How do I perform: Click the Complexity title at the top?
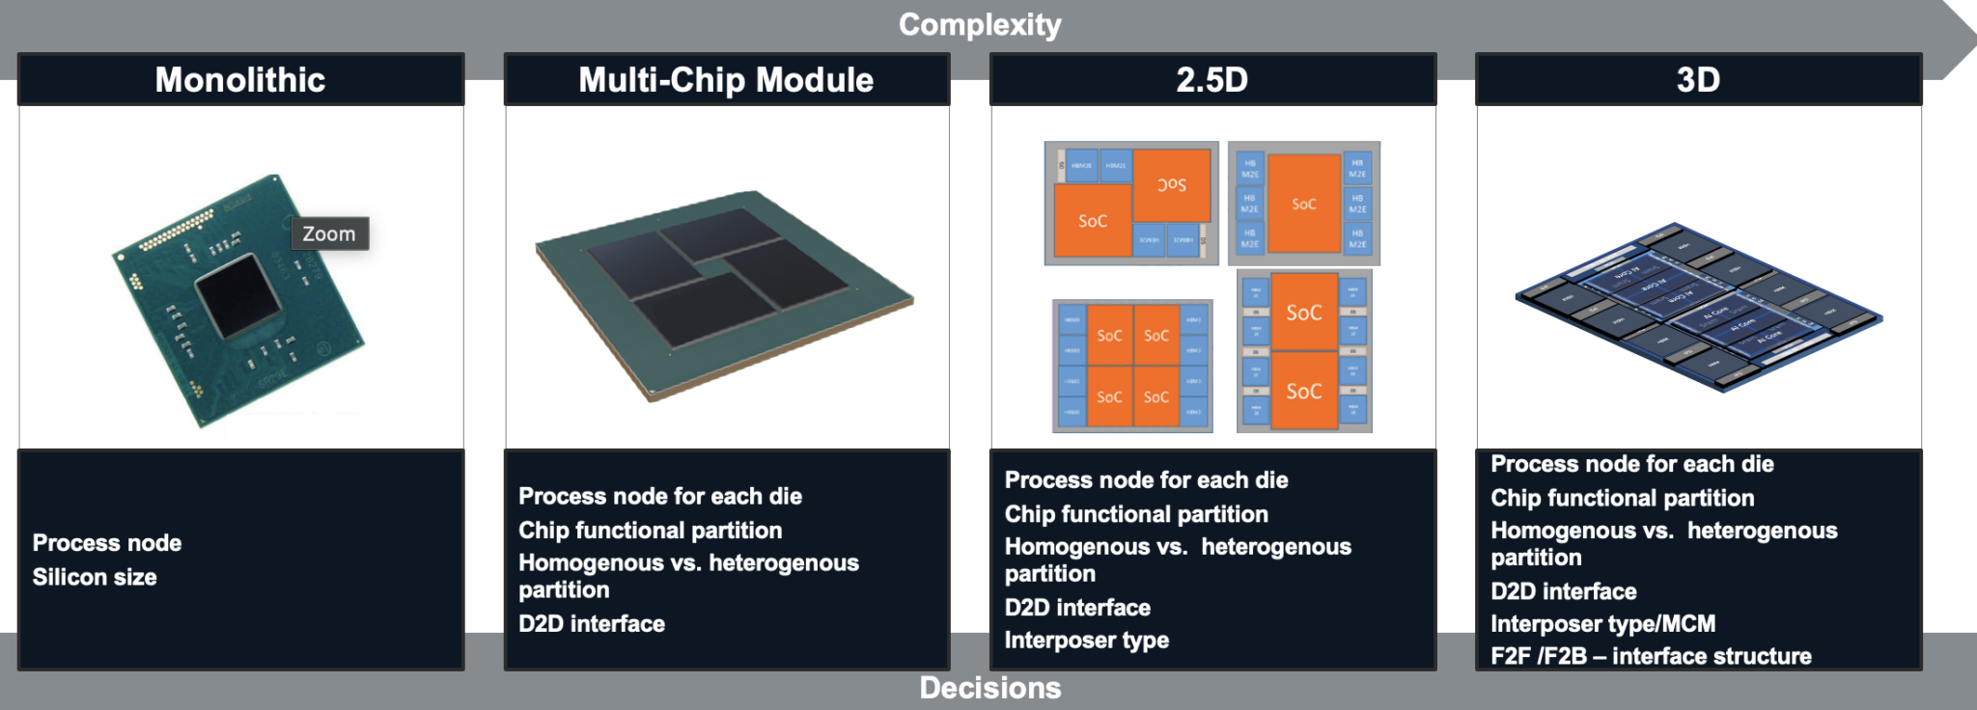tap(979, 24)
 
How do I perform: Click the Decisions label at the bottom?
tap(989, 688)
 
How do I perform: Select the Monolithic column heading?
tap(240, 79)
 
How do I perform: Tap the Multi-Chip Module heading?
tap(726, 79)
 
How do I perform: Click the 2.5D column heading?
tap(1211, 79)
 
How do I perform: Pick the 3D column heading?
tap(1698, 79)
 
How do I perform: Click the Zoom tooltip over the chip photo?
tap(329, 233)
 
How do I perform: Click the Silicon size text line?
tap(95, 577)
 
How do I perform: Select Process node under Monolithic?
tap(107, 543)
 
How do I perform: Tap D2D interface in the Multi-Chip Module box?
tap(592, 624)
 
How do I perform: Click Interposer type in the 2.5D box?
tap(1086, 641)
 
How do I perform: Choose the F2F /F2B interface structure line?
tap(1651, 657)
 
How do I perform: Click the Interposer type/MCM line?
tap(1602, 624)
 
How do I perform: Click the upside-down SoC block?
tap(1172, 184)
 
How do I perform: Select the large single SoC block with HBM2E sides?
tap(1303, 204)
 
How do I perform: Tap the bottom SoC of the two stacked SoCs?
tap(1303, 391)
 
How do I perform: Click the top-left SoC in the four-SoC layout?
tap(1109, 335)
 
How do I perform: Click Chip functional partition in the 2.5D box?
tap(1136, 514)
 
